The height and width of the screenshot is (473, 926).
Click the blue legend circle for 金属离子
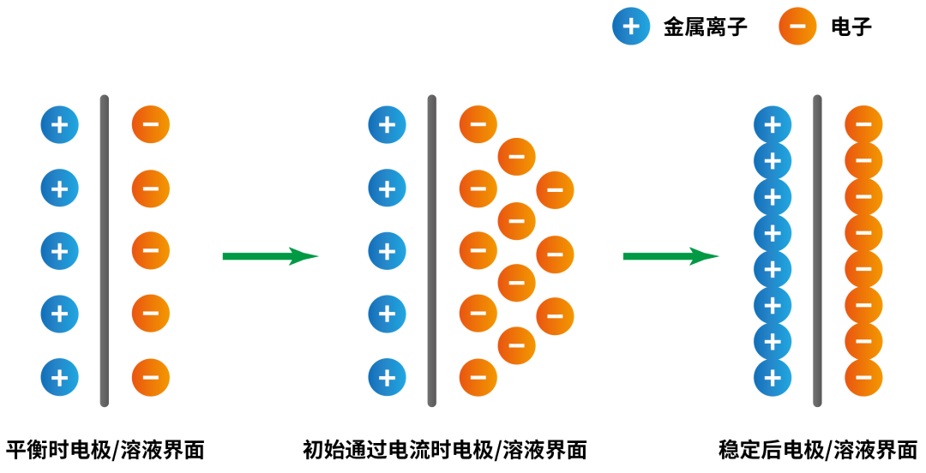(x=631, y=27)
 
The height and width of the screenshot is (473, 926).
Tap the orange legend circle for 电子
(x=797, y=27)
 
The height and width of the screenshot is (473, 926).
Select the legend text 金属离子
(x=705, y=27)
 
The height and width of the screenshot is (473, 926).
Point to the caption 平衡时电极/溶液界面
(x=105, y=450)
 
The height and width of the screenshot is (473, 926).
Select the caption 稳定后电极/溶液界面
(x=818, y=450)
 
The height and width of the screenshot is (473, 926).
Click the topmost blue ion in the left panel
(x=59, y=125)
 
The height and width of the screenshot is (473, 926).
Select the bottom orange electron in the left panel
(x=150, y=377)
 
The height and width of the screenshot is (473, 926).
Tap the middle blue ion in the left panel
(x=59, y=251)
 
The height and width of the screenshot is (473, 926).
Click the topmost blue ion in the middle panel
(x=387, y=125)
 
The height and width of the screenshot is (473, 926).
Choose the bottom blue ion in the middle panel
(x=387, y=377)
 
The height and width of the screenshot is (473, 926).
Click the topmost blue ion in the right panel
(x=772, y=125)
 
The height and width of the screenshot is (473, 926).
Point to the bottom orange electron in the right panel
(x=863, y=377)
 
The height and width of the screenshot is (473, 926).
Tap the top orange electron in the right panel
(x=863, y=125)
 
